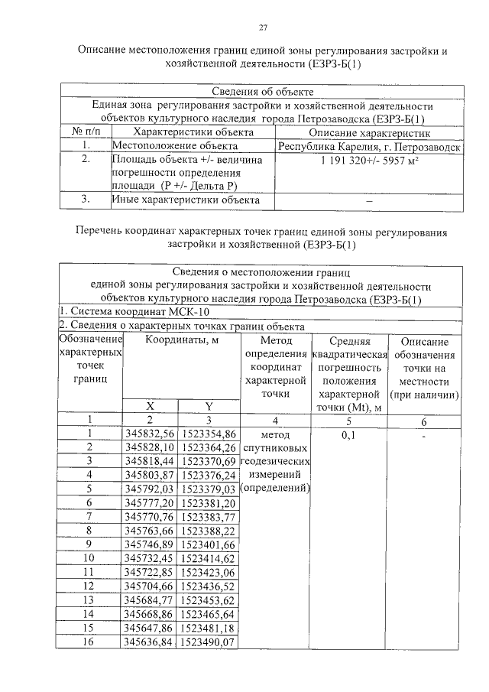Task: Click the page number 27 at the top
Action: coord(262,28)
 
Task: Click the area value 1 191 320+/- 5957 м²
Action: coord(369,161)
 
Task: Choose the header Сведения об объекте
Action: coord(262,92)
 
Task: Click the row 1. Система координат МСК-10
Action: coord(134,312)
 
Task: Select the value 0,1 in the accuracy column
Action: coord(348,434)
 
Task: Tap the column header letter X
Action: coord(150,406)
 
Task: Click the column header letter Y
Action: coord(208,406)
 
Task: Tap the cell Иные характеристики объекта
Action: coord(181,200)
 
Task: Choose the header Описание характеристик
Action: coord(369,132)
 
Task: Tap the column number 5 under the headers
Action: coord(348,420)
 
